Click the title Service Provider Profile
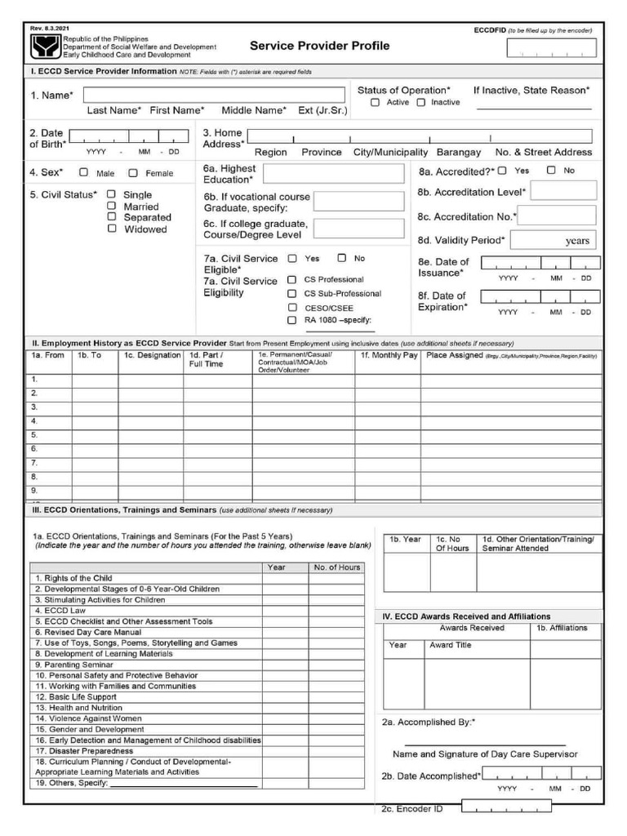point(319,46)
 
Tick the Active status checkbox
point(375,103)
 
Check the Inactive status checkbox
point(421,103)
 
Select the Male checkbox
point(83,173)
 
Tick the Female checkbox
point(133,173)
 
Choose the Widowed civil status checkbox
point(112,229)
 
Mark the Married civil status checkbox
point(112,207)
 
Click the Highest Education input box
point(333,174)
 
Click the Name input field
point(214,96)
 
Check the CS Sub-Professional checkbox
point(291,294)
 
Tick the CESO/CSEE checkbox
point(291,308)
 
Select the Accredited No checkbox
point(551,171)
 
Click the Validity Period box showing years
point(554,240)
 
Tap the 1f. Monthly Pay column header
point(389,356)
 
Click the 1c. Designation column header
point(152,356)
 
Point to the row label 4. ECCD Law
point(60,611)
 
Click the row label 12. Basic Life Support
point(75,697)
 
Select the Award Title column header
point(451,645)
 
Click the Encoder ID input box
point(506,807)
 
